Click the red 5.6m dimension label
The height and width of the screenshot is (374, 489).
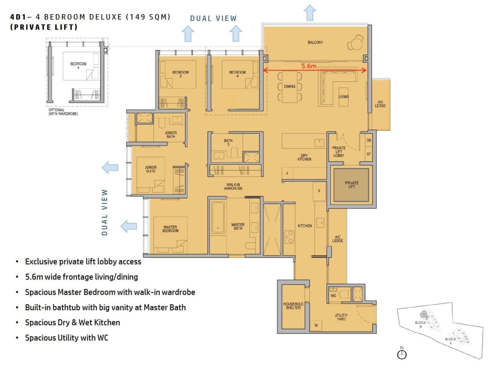(x=309, y=66)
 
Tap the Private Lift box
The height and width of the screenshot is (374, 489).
(x=351, y=185)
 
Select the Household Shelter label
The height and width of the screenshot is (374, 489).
(x=293, y=305)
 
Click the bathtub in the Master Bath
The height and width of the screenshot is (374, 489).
(x=218, y=217)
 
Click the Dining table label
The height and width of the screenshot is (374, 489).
(x=290, y=87)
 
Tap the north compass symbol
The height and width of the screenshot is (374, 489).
(x=402, y=354)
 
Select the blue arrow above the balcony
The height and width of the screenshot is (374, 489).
(x=310, y=13)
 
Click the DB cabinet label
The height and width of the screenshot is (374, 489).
(x=369, y=140)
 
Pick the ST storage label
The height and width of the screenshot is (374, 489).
(x=369, y=154)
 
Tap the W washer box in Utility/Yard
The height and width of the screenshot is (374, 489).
(x=316, y=325)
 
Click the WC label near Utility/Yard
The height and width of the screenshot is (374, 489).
(x=334, y=296)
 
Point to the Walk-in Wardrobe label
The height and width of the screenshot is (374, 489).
(x=233, y=186)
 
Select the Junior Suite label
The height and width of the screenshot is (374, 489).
(x=151, y=169)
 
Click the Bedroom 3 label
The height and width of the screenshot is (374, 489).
(x=180, y=74)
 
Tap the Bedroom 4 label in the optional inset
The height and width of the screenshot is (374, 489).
(x=78, y=65)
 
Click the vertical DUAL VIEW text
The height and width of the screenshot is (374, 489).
(x=105, y=212)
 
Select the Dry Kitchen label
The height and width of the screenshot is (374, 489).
(x=304, y=157)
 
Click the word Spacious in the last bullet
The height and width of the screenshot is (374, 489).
(x=40, y=338)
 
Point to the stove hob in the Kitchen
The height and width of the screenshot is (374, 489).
(x=289, y=237)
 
